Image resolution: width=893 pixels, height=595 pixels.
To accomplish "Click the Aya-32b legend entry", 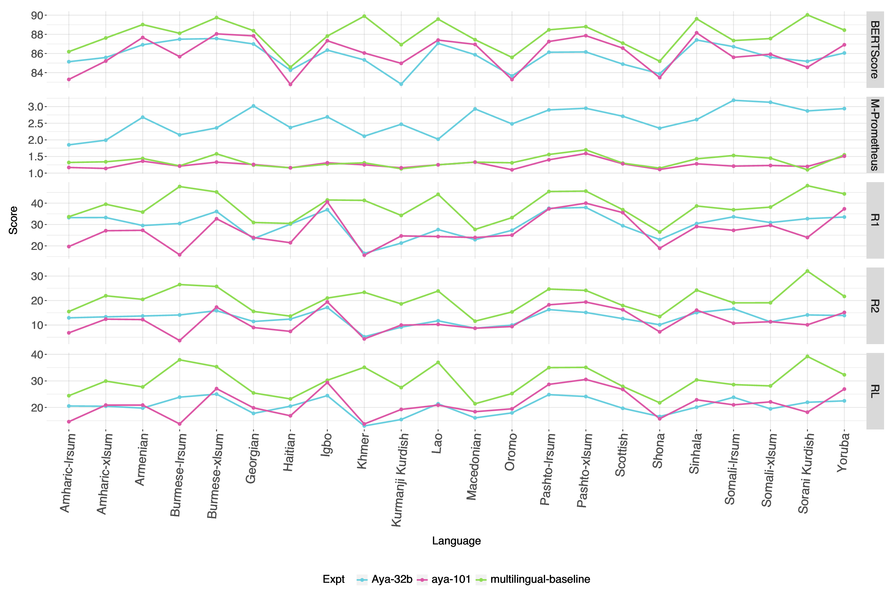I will click(x=391, y=579).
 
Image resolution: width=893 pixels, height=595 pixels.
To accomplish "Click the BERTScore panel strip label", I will click(x=875, y=50).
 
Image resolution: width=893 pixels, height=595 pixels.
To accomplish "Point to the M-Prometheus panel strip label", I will click(x=875, y=135).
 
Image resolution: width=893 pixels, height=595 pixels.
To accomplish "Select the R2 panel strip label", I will click(x=875, y=306).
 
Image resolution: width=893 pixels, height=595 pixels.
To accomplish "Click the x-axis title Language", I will click(x=456, y=541).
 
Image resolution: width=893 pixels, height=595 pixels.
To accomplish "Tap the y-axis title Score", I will click(x=13, y=220).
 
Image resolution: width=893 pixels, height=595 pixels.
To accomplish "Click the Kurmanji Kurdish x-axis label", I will click(x=401, y=480).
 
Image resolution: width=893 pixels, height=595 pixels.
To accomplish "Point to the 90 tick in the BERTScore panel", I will click(x=37, y=16).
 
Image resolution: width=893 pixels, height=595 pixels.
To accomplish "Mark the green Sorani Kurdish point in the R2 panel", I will click(x=808, y=271).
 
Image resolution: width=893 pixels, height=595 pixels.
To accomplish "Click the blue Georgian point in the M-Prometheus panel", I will click(x=254, y=106).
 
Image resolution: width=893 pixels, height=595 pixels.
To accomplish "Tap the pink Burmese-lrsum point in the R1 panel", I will click(x=180, y=255).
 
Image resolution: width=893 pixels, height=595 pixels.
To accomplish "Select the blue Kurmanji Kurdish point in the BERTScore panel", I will click(x=401, y=84).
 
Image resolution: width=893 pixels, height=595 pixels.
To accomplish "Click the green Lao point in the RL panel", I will click(x=438, y=362).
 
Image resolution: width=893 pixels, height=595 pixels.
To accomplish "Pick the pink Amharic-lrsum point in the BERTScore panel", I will click(x=69, y=79).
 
